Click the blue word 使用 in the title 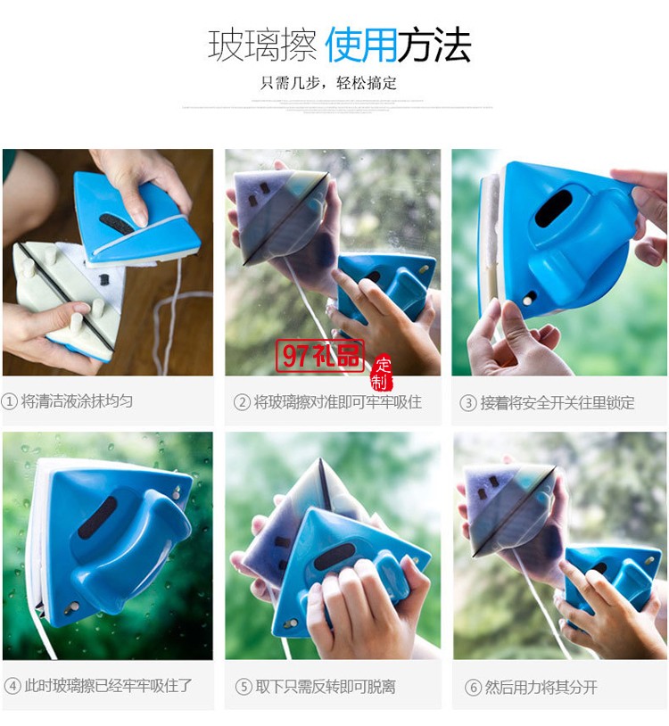pyautogui.click(x=360, y=45)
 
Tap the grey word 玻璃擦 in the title pyautogui.click(x=262, y=45)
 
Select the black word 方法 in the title pyautogui.click(x=434, y=45)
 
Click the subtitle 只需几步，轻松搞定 pyautogui.click(x=328, y=83)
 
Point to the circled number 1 pyautogui.click(x=10, y=401)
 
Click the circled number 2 pyautogui.click(x=242, y=402)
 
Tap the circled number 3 pyautogui.click(x=468, y=403)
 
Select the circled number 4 pyautogui.click(x=12, y=686)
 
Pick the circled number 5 pyautogui.click(x=244, y=687)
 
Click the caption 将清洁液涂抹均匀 pyautogui.click(x=78, y=401)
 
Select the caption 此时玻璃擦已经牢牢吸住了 pyautogui.click(x=107, y=686)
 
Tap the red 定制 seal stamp pyautogui.click(x=382, y=373)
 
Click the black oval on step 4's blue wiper pyautogui.click(x=97, y=518)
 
